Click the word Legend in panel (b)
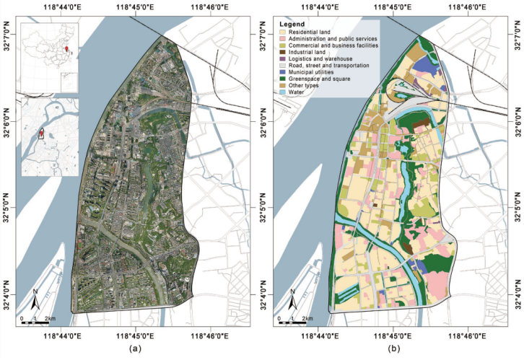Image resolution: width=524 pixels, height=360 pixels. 292,25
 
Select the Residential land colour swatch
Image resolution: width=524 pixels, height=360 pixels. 283,32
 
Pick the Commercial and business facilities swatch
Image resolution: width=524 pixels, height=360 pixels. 283,46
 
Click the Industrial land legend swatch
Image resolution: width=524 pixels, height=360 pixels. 283,53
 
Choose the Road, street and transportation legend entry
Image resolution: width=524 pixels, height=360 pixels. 329,66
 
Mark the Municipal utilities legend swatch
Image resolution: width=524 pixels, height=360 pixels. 283,72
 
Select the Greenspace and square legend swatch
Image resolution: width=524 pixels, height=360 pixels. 283,79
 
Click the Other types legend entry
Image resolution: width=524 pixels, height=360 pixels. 307,86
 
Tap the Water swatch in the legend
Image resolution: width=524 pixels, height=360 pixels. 283,92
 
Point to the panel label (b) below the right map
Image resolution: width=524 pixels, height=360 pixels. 393,348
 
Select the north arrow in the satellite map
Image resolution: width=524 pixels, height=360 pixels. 35,299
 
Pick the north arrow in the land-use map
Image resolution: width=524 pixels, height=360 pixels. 293,299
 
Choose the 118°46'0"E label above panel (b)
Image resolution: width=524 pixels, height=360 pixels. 469,8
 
